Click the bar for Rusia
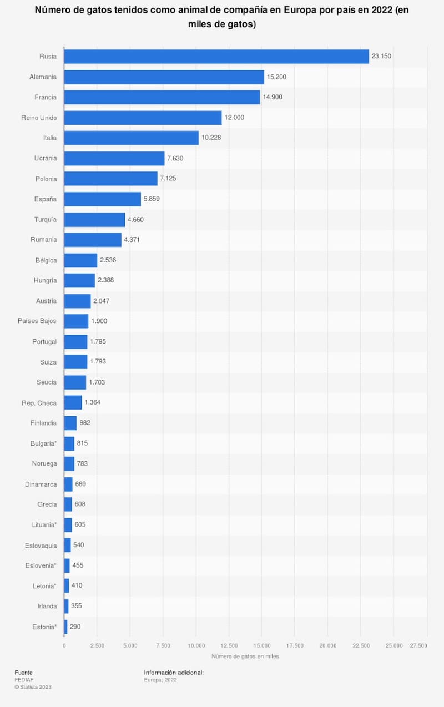point(216,57)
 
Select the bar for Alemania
point(164,77)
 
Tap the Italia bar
point(131,138)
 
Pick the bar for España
point(102,199)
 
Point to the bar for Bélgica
point(80,260)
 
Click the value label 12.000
point(234,118)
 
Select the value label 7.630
point(177,158)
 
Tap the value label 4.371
point(134,240)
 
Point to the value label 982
point(85,423)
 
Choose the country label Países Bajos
point(37,321)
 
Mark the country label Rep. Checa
point(39,402)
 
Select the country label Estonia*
point(44,627)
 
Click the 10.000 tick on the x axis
point(196,645)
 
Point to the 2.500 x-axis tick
point(97,645)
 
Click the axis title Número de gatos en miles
point(245,656)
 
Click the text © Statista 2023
point(33,687)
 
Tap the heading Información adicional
point(174,673)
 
